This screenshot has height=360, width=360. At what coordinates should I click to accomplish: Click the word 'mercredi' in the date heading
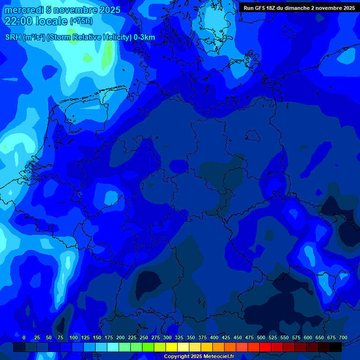point(23,10)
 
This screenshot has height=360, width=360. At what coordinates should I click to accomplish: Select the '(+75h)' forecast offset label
point(81,21)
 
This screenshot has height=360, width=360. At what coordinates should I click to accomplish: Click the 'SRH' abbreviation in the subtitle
point(13,37)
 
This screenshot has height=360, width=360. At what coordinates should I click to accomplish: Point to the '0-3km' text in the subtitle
point(144,37)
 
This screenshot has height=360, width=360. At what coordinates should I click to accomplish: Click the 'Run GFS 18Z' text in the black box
point(261,8)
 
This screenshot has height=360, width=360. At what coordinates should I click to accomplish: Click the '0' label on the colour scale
point(24,337)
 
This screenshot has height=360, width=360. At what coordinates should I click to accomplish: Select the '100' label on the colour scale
point(74,337)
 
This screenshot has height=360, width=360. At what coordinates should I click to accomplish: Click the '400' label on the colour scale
point(214,337)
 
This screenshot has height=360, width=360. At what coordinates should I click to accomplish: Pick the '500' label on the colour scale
point(261,337)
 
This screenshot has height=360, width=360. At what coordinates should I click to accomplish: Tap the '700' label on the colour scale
point(343,337)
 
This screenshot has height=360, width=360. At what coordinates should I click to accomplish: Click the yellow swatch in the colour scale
point(172,347)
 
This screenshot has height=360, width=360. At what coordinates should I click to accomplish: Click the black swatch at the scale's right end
point(336,347)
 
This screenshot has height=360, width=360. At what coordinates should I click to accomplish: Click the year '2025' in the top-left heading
point(109,10)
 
